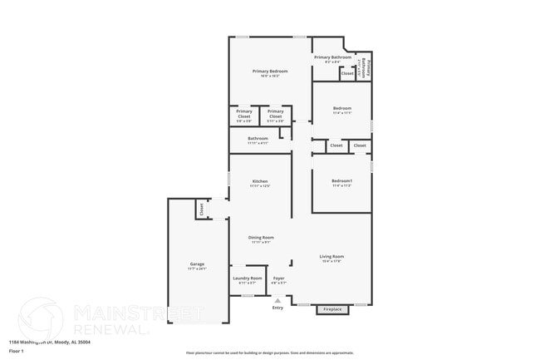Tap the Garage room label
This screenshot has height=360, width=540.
click(x=197, y=264)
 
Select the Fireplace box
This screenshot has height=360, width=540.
click(x=332, y=310)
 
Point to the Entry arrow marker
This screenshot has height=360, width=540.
click(x=277, y=301)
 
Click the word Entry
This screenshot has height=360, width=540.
click(x=277, y=308)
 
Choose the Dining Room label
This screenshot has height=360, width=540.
click(x=261, y=238)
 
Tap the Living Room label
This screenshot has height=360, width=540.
click(x=331, y=257)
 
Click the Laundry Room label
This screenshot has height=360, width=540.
click(x=248, y=279)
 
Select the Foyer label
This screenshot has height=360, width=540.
click(x=279, y=279)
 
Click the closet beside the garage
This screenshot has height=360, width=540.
click(x=201, y=209)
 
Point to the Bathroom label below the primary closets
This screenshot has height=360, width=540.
click(x=258, y=139)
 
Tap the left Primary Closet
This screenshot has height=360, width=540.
click(x=244, y=115)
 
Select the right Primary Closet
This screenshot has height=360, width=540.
click(x=276, y=115)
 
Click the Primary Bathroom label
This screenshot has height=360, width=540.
click(x=332, y=57)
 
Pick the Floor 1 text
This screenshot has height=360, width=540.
click(x=17, y=351)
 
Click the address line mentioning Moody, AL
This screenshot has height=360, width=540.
click(x=49, y=342)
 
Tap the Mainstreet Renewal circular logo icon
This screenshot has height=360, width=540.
click(x=40, y=318)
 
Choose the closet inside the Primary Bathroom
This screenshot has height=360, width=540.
click(x=347, y=73)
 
